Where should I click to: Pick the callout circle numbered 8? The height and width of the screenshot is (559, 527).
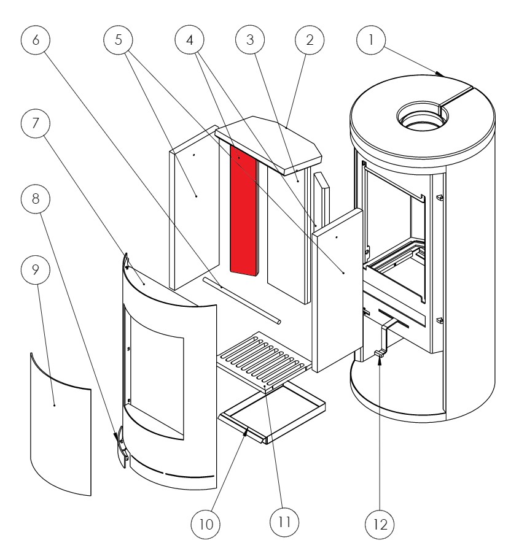coord(36,200)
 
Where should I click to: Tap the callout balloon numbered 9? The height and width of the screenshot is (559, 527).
coord(36,271)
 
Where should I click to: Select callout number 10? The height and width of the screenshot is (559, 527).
coord(206,525)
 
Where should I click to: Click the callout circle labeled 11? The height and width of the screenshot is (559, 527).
coord(284,523)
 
